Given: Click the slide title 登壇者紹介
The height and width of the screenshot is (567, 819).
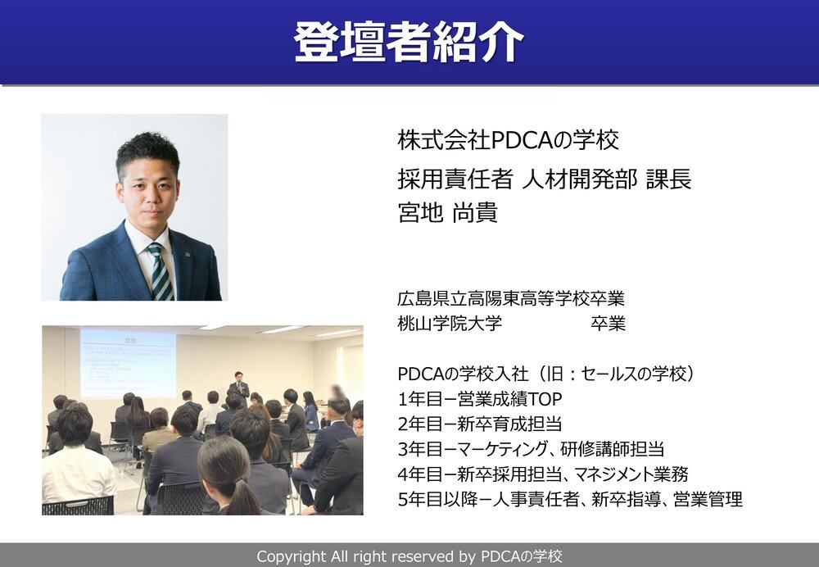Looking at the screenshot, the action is pyautogui.click(x=409, y=43).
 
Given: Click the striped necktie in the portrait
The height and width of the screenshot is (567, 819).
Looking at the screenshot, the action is pyautogui.click(x=161, y=272).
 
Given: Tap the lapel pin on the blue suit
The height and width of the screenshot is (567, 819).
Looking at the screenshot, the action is pyautogui.click(x=187, y=255).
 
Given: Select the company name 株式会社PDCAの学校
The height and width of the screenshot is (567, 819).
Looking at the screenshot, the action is pyautogui.click(x=509, y=140).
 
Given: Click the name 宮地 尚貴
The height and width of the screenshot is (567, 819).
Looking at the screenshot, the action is pyautogui.click(x=448, y=212).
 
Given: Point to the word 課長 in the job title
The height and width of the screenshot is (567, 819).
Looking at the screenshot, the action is pyautogui.click(x=668, y=179).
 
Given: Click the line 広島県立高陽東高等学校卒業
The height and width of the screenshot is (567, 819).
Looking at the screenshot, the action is pyautogui.click(x=511, y=298).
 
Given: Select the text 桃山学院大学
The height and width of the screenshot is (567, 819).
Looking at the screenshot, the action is pyautogui.click(x=449, y=323).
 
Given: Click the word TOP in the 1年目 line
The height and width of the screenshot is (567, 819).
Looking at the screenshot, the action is pyautogui.click(x=545, y=399).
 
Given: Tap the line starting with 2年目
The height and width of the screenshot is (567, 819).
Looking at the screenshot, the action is pyautogui.click(x=479, y=424).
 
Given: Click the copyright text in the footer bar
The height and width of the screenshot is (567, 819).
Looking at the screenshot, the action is pyautogui.click(x=409, y=556).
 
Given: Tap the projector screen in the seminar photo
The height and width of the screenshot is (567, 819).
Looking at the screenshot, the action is pyautogui.click(x=128, y=362).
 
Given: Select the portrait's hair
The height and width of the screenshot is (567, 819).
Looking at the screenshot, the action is pyautogui.click(x=147, y=152).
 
